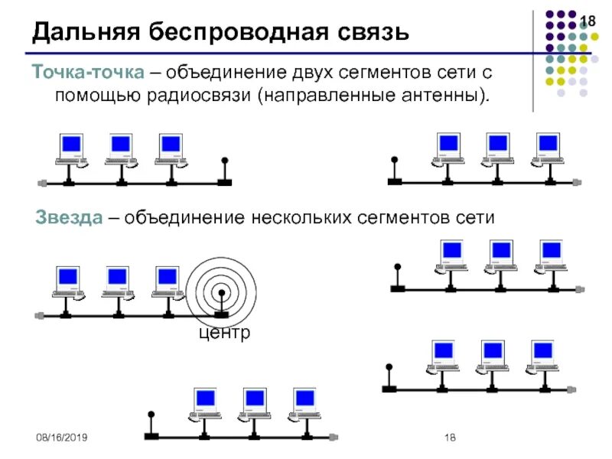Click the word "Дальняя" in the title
coord(84,32)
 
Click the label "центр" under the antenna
coord(224,334)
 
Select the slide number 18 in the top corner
coord(588,21)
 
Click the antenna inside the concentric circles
coord(222,302)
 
